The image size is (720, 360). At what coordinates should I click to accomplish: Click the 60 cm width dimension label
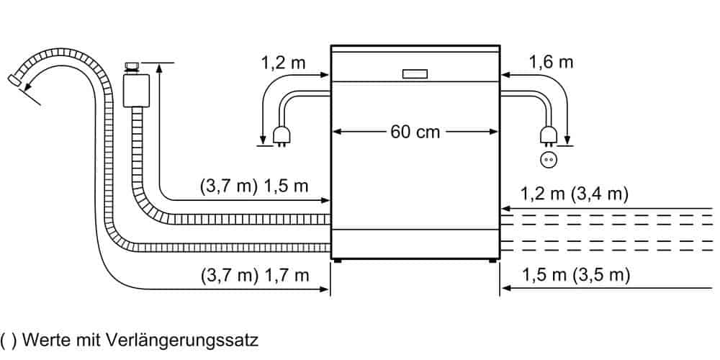[415, 132]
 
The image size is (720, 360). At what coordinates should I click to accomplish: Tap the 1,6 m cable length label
[551, 62]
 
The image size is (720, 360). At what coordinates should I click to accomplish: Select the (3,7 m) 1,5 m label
[254, 187]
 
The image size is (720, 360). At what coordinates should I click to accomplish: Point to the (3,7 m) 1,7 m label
[255, 276]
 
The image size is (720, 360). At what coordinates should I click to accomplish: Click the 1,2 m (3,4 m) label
[574, 194]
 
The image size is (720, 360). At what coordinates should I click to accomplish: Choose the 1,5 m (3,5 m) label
[576, 275]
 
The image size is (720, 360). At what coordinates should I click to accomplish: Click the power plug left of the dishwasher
[279, 136]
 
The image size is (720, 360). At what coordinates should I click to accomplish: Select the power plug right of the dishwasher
[548, 136]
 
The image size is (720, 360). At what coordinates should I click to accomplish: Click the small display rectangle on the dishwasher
[415, 74]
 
